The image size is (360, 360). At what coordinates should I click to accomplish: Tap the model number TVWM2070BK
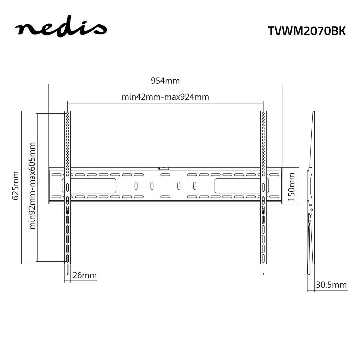click(306, 31)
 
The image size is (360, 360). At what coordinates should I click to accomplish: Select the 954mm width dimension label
click(165, 81)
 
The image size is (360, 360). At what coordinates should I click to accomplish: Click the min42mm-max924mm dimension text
click(165, 97)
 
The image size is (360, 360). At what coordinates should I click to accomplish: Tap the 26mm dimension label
click(85, 275)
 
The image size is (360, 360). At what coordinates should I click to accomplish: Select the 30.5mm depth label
click(331, 285)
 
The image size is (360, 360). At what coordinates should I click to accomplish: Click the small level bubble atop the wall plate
click(164, 169)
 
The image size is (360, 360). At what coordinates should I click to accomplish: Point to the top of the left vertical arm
click(68, 113)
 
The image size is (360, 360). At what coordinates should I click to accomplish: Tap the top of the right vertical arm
click(263, 113)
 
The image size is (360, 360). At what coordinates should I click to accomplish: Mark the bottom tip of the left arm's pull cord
click(68, 274)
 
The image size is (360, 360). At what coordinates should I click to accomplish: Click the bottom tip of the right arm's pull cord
click(263, 274)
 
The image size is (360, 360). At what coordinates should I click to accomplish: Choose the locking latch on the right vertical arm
click(263, 210)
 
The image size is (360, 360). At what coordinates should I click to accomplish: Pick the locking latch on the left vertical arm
click(68, 210)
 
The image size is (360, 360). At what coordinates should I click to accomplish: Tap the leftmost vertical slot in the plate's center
click(136, 186)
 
